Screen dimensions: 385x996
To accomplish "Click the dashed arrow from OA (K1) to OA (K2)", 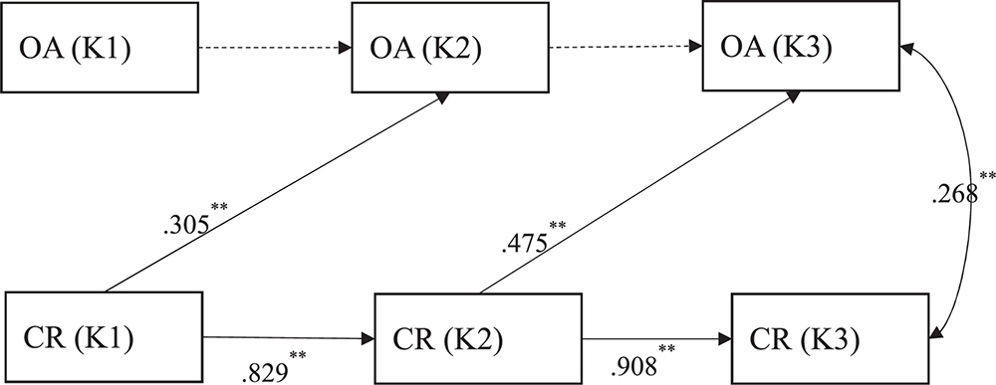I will click(x=269, y=48).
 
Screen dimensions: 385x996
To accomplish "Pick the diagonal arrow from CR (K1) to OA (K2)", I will click(x=299, y=179).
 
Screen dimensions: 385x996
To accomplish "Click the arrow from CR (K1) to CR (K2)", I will click(x=289, y=338).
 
